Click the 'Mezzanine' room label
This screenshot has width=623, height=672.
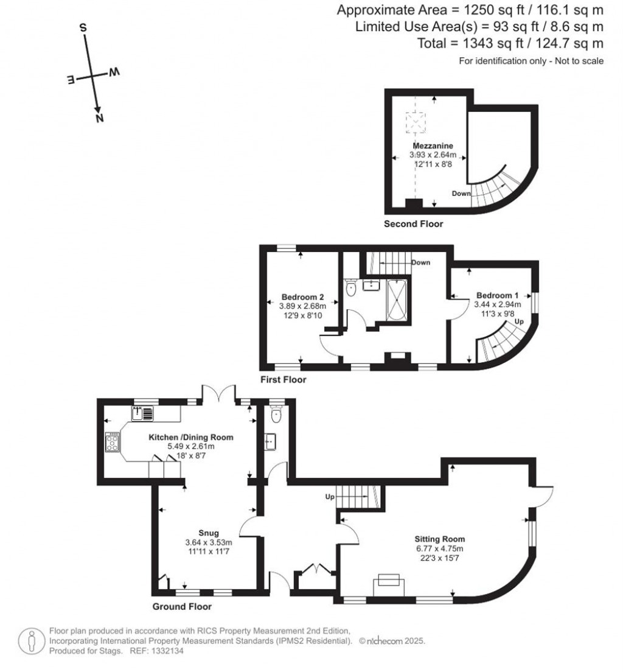point(431,146)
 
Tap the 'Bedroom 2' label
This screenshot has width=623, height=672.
point(302,297)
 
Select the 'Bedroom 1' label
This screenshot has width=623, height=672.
point(498,295)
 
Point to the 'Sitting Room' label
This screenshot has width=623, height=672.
point(439,539)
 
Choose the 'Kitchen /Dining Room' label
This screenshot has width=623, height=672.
point(191,437)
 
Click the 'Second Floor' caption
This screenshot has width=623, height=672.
point(413,224)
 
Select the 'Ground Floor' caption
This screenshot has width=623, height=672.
point(182,607)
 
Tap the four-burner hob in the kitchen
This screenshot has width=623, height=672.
point(113,442)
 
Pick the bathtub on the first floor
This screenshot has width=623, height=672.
point(397,302)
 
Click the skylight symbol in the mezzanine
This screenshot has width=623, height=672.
point(417,124)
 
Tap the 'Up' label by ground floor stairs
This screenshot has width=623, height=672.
point(330,497)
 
